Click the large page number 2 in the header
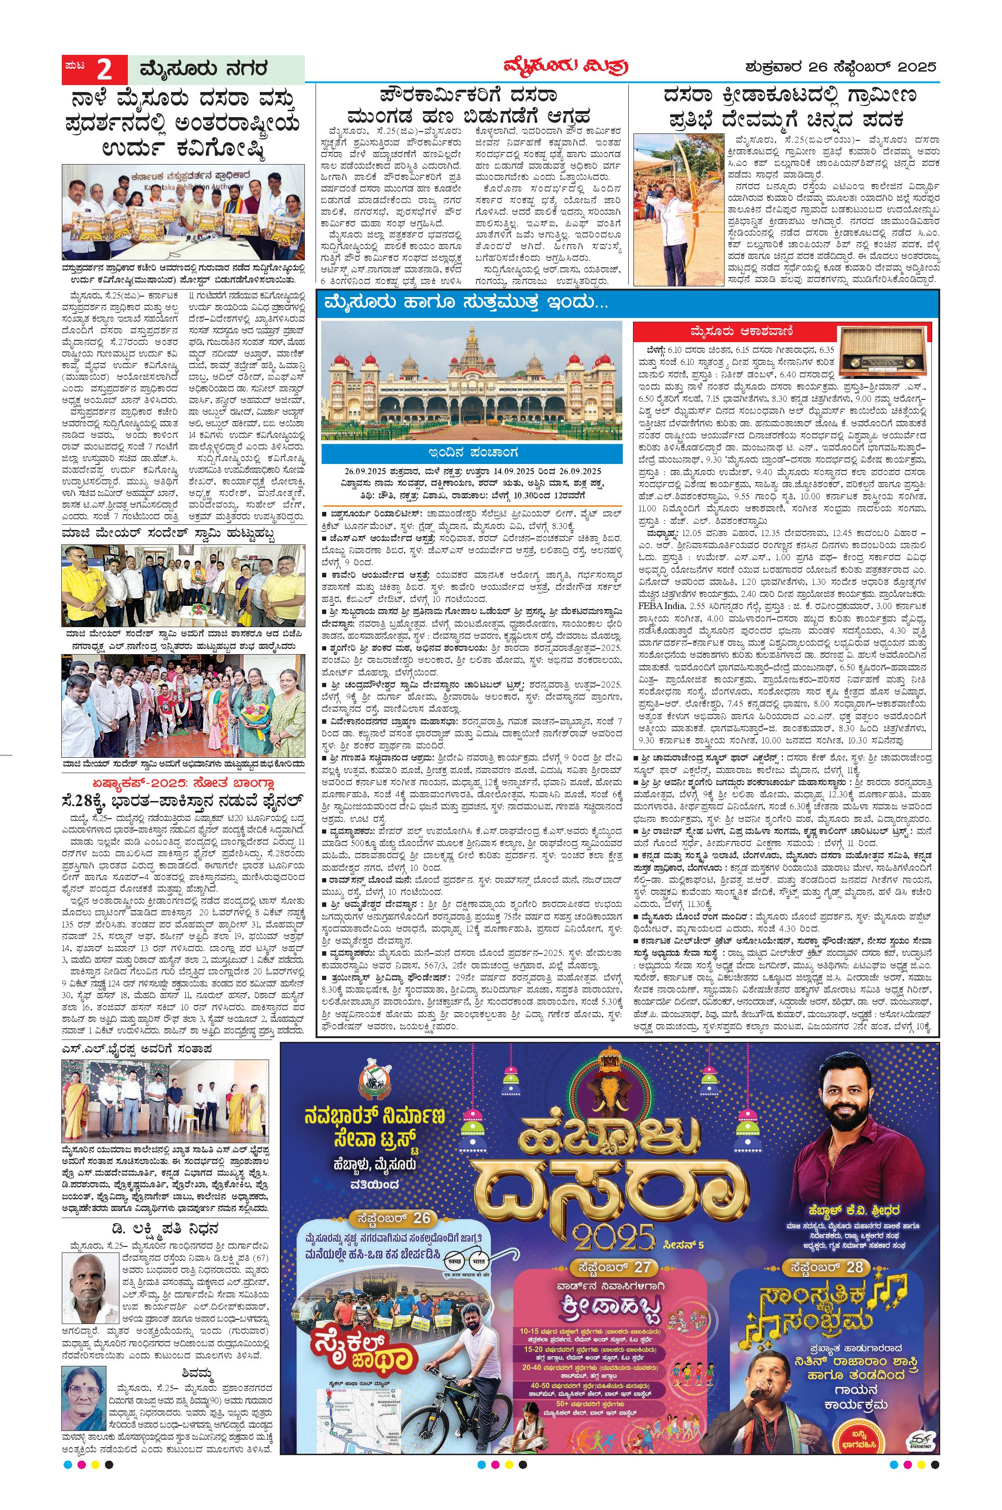(x=104, y=69)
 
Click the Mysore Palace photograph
(x=471, y=382)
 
